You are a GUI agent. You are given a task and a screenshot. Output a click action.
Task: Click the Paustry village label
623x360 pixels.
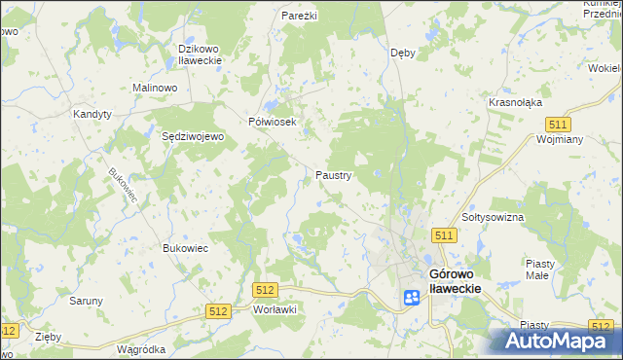click(333, 175)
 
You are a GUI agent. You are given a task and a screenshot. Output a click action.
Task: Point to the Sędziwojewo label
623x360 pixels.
click(193, 137)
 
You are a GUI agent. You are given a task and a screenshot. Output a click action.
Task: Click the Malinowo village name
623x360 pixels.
click(155, 88)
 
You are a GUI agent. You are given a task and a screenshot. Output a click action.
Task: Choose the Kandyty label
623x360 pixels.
click(92, 114)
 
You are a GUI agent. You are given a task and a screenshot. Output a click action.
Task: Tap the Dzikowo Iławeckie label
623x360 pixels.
click(201, 54)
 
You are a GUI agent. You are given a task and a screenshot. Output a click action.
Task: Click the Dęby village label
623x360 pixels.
click(402, 53)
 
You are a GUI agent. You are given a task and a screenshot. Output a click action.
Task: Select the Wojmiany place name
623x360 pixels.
click(559, 139)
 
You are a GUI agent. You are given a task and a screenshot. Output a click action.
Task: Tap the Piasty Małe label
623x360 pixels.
click(540, 270)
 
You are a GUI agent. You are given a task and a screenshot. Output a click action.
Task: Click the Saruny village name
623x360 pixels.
click(86, 301)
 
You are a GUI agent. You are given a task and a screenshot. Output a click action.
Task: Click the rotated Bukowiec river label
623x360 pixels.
click(124, 187)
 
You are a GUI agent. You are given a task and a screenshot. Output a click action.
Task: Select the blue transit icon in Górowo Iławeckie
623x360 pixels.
click(411, 297)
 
